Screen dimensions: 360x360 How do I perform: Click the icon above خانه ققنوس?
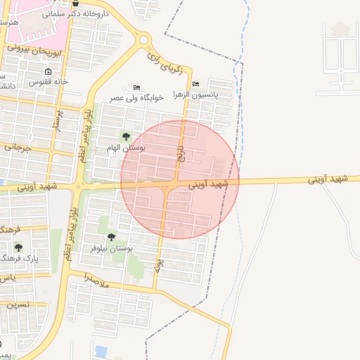(x=48, y=72)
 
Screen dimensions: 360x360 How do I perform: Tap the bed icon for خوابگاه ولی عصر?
(x=136, y=86)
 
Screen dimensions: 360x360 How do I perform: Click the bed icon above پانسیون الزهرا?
(x=195, y=84)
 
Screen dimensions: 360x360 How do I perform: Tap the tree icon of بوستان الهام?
(x=126, y=136)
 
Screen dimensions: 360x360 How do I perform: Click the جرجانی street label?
(x=18, y=147)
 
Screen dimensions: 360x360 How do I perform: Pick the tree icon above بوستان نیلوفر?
(x=111, y=237)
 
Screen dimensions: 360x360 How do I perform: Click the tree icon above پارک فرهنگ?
(x=18, y=247)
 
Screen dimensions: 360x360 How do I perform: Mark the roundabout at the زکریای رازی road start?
(x=143, y=41)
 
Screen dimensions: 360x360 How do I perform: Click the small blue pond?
(x=101, y=350)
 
